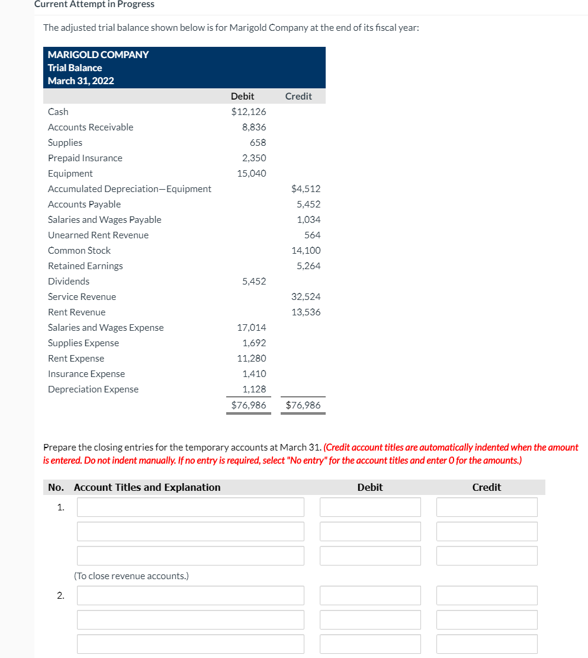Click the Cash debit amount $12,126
(249, 111)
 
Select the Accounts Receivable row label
(91, 127)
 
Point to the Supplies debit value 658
(258, 142)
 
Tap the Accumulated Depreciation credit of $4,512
(306, 189)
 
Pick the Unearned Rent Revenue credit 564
(312, 235)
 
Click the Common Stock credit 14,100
(306, 250)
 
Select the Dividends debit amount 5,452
(254, 281)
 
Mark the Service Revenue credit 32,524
(306, 296)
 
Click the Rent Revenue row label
(76, 312)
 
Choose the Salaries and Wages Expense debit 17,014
(252, 327)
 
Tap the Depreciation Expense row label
(93, 389)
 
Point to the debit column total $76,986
(249, 405)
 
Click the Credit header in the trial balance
(298, 96)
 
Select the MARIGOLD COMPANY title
(98, 55)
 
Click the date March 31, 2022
(81, 81)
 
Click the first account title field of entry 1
(190, 507)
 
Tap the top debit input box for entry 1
(370, 507)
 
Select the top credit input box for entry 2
(487, 595)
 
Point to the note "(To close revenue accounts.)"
(131, 576)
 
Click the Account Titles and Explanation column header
(147, 487)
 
